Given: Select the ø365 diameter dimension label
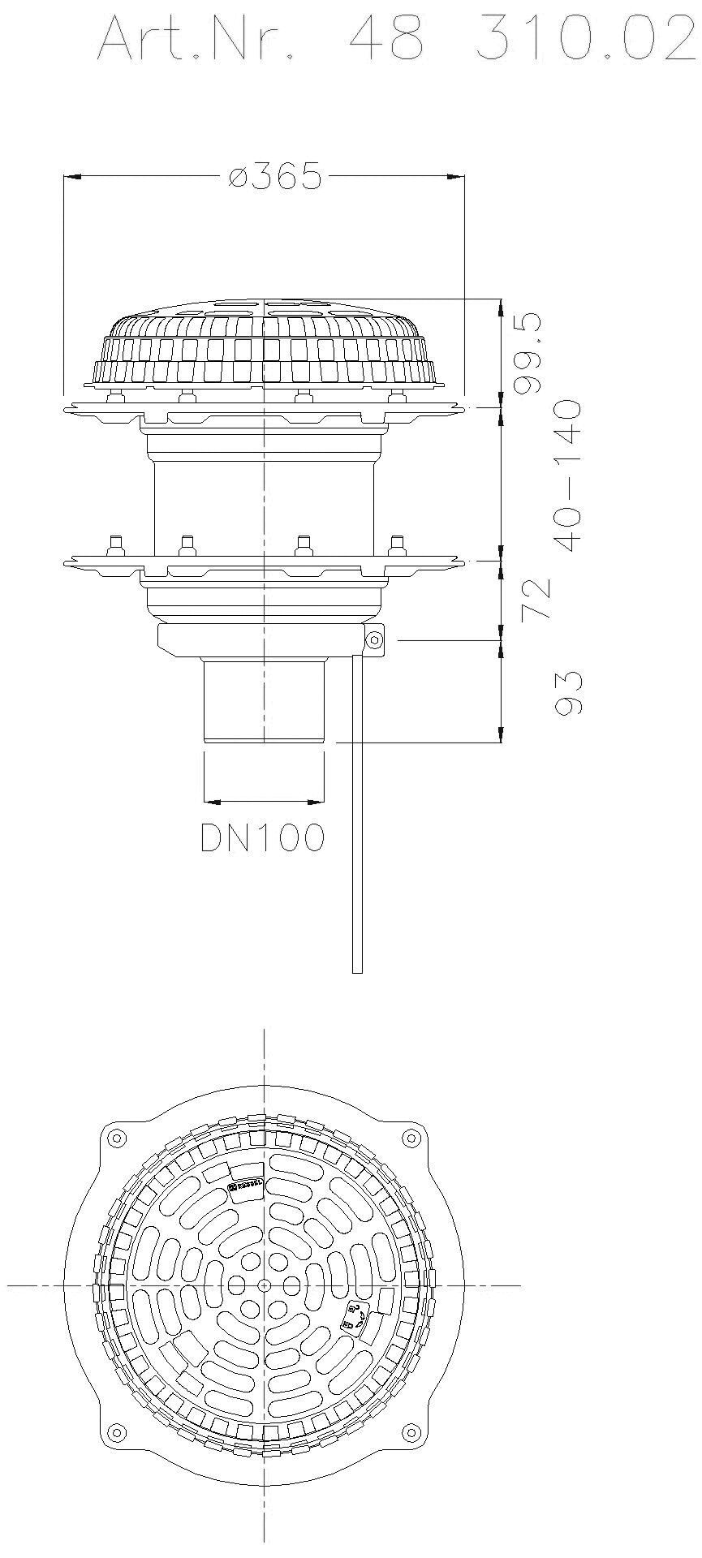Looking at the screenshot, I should tap(274, 176).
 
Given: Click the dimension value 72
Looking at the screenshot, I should tap(538, 600).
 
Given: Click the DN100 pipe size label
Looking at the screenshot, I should tap(263, 838).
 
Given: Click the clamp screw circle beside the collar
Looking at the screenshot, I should tap(374, 640).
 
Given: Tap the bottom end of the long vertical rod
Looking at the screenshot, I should tap(357, 969).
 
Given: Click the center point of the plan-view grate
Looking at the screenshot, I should tap(264, 1285).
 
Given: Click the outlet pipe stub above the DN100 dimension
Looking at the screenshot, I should tap(264, 699).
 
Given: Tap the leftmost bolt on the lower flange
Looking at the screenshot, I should tap(115, 543).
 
